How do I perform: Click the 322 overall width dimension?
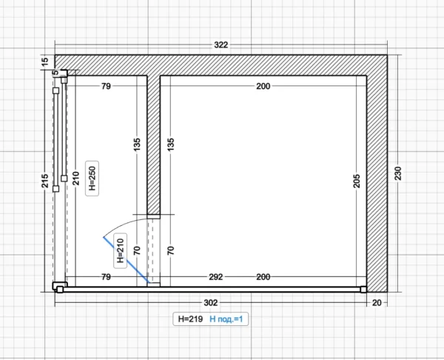point(221,44)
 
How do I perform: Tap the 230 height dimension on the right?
point(398,173)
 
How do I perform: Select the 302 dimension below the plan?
point(211,303)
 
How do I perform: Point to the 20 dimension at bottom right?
point(377,303)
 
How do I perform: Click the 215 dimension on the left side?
point(45,181)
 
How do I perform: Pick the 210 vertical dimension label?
point(76,179)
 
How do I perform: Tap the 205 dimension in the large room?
point(357,181)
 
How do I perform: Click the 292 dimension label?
point(216,277)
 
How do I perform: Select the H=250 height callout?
point(92,179)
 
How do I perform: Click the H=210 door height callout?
point(121,250)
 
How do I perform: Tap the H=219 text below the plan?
point(190,319)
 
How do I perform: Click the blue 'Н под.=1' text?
point(226,319)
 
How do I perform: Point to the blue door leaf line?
point(127,260)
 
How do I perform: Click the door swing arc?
point(122,224)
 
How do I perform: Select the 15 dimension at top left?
point(45,61)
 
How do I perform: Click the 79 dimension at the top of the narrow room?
point(106,86)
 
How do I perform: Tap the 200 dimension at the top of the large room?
point(263,86)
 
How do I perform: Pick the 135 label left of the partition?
point(137,144)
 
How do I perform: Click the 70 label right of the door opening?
point(171,250)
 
